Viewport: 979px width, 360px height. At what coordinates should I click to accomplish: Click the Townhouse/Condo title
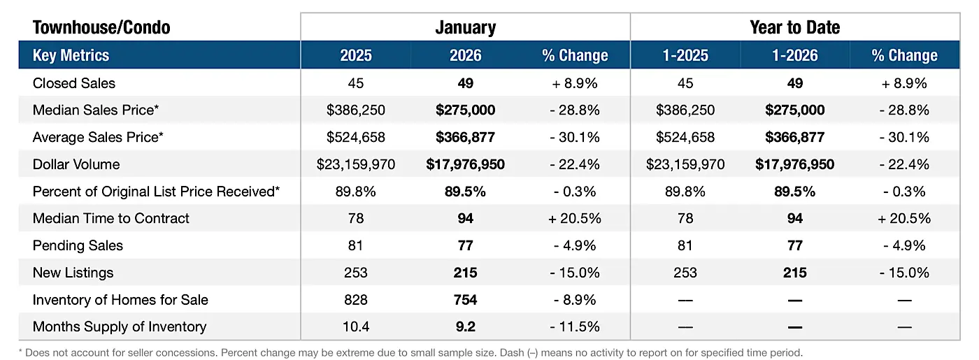click(x=101, y=27)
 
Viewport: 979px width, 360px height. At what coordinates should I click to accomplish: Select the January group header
click(x=465, y=27)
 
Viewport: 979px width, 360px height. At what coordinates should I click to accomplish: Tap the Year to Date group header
click(x=794, y=27)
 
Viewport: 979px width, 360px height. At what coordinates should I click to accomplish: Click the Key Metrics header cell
click(x=71, y=55)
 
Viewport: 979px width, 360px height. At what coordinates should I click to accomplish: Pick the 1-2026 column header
click(x=794, y=55)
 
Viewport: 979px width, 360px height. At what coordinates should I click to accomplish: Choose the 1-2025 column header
click(x=685, y=55)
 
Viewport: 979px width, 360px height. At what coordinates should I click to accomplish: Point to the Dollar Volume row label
click(x=76, y=164)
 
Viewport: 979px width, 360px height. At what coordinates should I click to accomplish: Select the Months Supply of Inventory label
click(x=120, y=326)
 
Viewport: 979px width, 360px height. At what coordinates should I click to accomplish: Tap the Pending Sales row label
click(x=78, y=245)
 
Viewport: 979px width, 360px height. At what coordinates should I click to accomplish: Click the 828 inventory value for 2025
click(x=355, y=300)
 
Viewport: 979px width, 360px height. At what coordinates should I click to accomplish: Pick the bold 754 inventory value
click(x=465, y=300)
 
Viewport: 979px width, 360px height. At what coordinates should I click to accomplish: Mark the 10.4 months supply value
click(x=355, y=326)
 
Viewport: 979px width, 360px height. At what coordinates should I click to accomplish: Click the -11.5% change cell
click(x=575, y=326)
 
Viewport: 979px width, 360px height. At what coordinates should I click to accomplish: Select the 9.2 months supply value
click(x=465, y=326)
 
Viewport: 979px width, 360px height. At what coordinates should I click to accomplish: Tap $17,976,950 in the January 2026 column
click(x=465, y=164)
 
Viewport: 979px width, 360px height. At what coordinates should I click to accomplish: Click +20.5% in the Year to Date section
click(x=904, y=218)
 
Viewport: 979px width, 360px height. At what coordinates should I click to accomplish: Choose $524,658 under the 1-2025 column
click(x=685, y=137)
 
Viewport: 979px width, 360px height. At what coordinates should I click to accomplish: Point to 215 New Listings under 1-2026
click(x=794, y=273)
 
